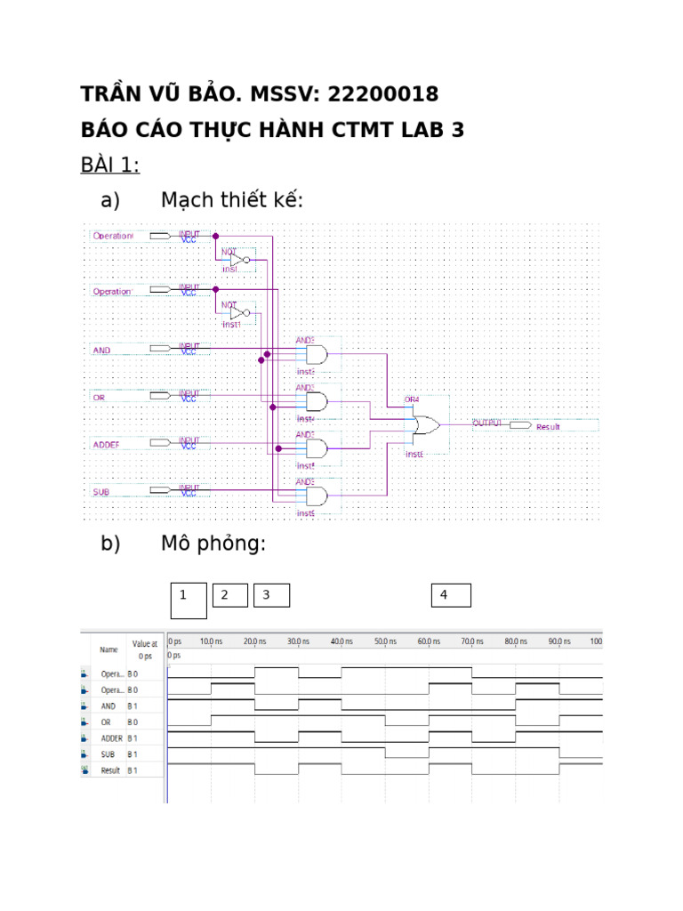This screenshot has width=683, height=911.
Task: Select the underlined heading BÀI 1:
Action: tap(110, 165)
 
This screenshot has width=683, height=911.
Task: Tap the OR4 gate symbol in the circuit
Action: tap(425, 425)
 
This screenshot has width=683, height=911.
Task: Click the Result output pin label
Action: tap(548, 427)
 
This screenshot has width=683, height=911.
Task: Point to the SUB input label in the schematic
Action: tap(101, 491)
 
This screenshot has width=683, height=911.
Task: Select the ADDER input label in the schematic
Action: tap(106, 444)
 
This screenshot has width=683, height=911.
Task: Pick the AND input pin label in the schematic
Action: tap(101, 351)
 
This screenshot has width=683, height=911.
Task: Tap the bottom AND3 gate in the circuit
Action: tap(316, 496)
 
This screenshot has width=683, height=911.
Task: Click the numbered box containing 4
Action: tap(451, 595)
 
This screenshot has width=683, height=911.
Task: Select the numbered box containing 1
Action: tap(189, 601)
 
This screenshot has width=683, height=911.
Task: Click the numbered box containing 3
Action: tap(271, 595)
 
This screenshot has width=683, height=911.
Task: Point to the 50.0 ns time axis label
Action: tap(385, 641)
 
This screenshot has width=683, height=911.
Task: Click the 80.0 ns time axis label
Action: tap(515, 641)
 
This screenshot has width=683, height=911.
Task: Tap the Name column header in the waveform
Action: tap(108, 650)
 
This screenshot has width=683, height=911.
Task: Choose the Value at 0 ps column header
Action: tap(144, 649)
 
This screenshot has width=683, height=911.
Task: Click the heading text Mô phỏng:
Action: tap(213, 544)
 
